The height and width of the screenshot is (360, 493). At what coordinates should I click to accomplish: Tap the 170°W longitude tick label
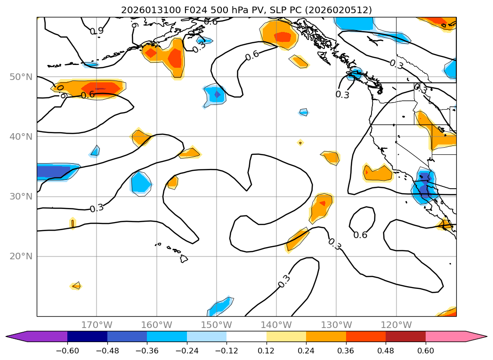[x=97, y=325]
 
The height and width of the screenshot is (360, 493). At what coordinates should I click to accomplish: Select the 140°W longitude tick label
[x=276, y=325]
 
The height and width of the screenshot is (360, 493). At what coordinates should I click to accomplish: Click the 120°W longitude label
[x=396, y=325]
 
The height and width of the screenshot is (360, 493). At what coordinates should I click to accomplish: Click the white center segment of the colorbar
[x=246, y=336]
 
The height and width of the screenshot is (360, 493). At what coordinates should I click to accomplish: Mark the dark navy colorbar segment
[x=87, y=336]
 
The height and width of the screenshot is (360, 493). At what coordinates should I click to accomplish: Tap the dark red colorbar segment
[x=405, y=336]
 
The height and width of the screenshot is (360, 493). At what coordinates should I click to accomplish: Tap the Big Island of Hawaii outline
[x=184, y=259]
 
